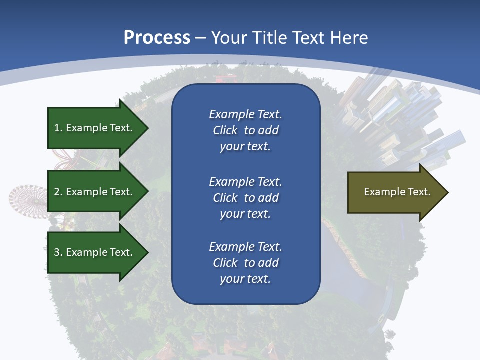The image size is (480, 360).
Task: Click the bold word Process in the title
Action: point(157,38)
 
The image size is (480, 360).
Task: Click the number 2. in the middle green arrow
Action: point(58,192)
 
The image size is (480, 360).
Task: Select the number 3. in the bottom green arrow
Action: point(58,252)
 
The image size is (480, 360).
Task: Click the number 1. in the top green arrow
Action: point(58,128)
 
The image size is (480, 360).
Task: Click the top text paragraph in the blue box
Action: point(245,130)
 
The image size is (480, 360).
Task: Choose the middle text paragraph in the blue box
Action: point(245,198)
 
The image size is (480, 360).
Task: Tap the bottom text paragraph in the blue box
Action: point(245,263)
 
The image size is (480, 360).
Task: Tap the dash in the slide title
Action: point(200,38)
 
